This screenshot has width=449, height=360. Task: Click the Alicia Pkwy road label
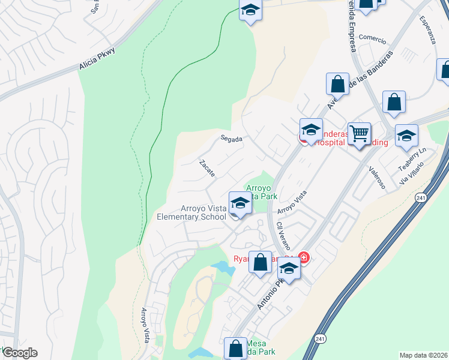(x=97, y=61)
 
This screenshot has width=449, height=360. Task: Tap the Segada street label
(x=231, y=139)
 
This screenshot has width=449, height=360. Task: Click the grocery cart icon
(x=359, y=133)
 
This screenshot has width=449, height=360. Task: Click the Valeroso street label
(x=376, y=178)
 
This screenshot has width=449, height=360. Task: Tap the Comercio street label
(x=372, y=37)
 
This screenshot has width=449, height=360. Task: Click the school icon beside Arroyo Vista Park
(x=240, y=202)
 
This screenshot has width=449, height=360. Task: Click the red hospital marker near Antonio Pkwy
(x=304, y=258)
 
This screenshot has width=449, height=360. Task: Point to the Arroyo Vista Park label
(x=261, y=191)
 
